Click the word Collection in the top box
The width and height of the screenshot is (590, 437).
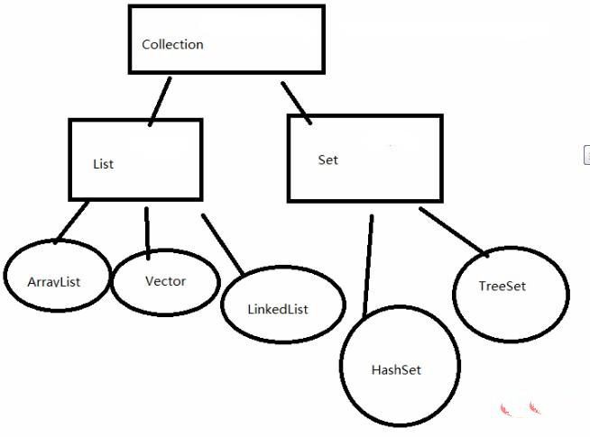click(x=172, y=44)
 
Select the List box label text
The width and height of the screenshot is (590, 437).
click(x=103, y=164)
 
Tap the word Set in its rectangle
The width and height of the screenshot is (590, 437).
click(x=327, y=159)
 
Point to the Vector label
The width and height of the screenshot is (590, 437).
click(x=165, y=280)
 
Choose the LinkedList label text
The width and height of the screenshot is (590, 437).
click(x=277, y=309)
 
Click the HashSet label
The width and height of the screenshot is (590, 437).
click(x=396, y=369)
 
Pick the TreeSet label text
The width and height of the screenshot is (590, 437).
click(x=502, y=287)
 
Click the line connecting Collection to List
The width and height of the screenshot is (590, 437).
click(x=161, y=100)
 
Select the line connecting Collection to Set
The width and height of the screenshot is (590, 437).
click(x=296, y=102)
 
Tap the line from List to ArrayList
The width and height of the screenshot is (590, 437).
click(x=72, y=222)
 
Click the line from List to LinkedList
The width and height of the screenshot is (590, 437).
click(x=222, y=244)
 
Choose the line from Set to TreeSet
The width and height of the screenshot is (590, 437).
click(x=454, y=231)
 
